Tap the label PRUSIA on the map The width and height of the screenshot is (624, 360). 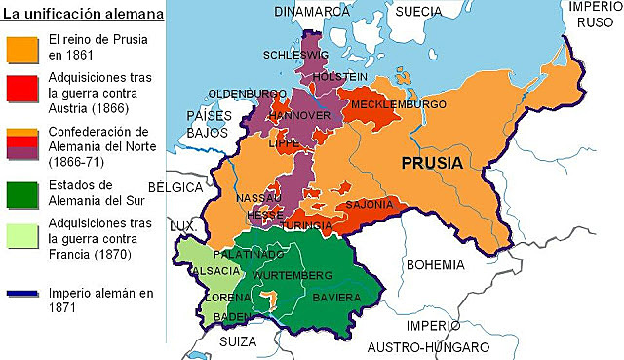coord(430,163)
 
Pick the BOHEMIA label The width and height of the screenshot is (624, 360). coord(435,263)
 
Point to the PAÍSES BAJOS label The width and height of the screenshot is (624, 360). coord(206,123)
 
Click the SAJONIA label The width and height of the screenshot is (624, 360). coord(370,204)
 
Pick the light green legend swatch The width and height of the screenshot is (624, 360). coord(20,237)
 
